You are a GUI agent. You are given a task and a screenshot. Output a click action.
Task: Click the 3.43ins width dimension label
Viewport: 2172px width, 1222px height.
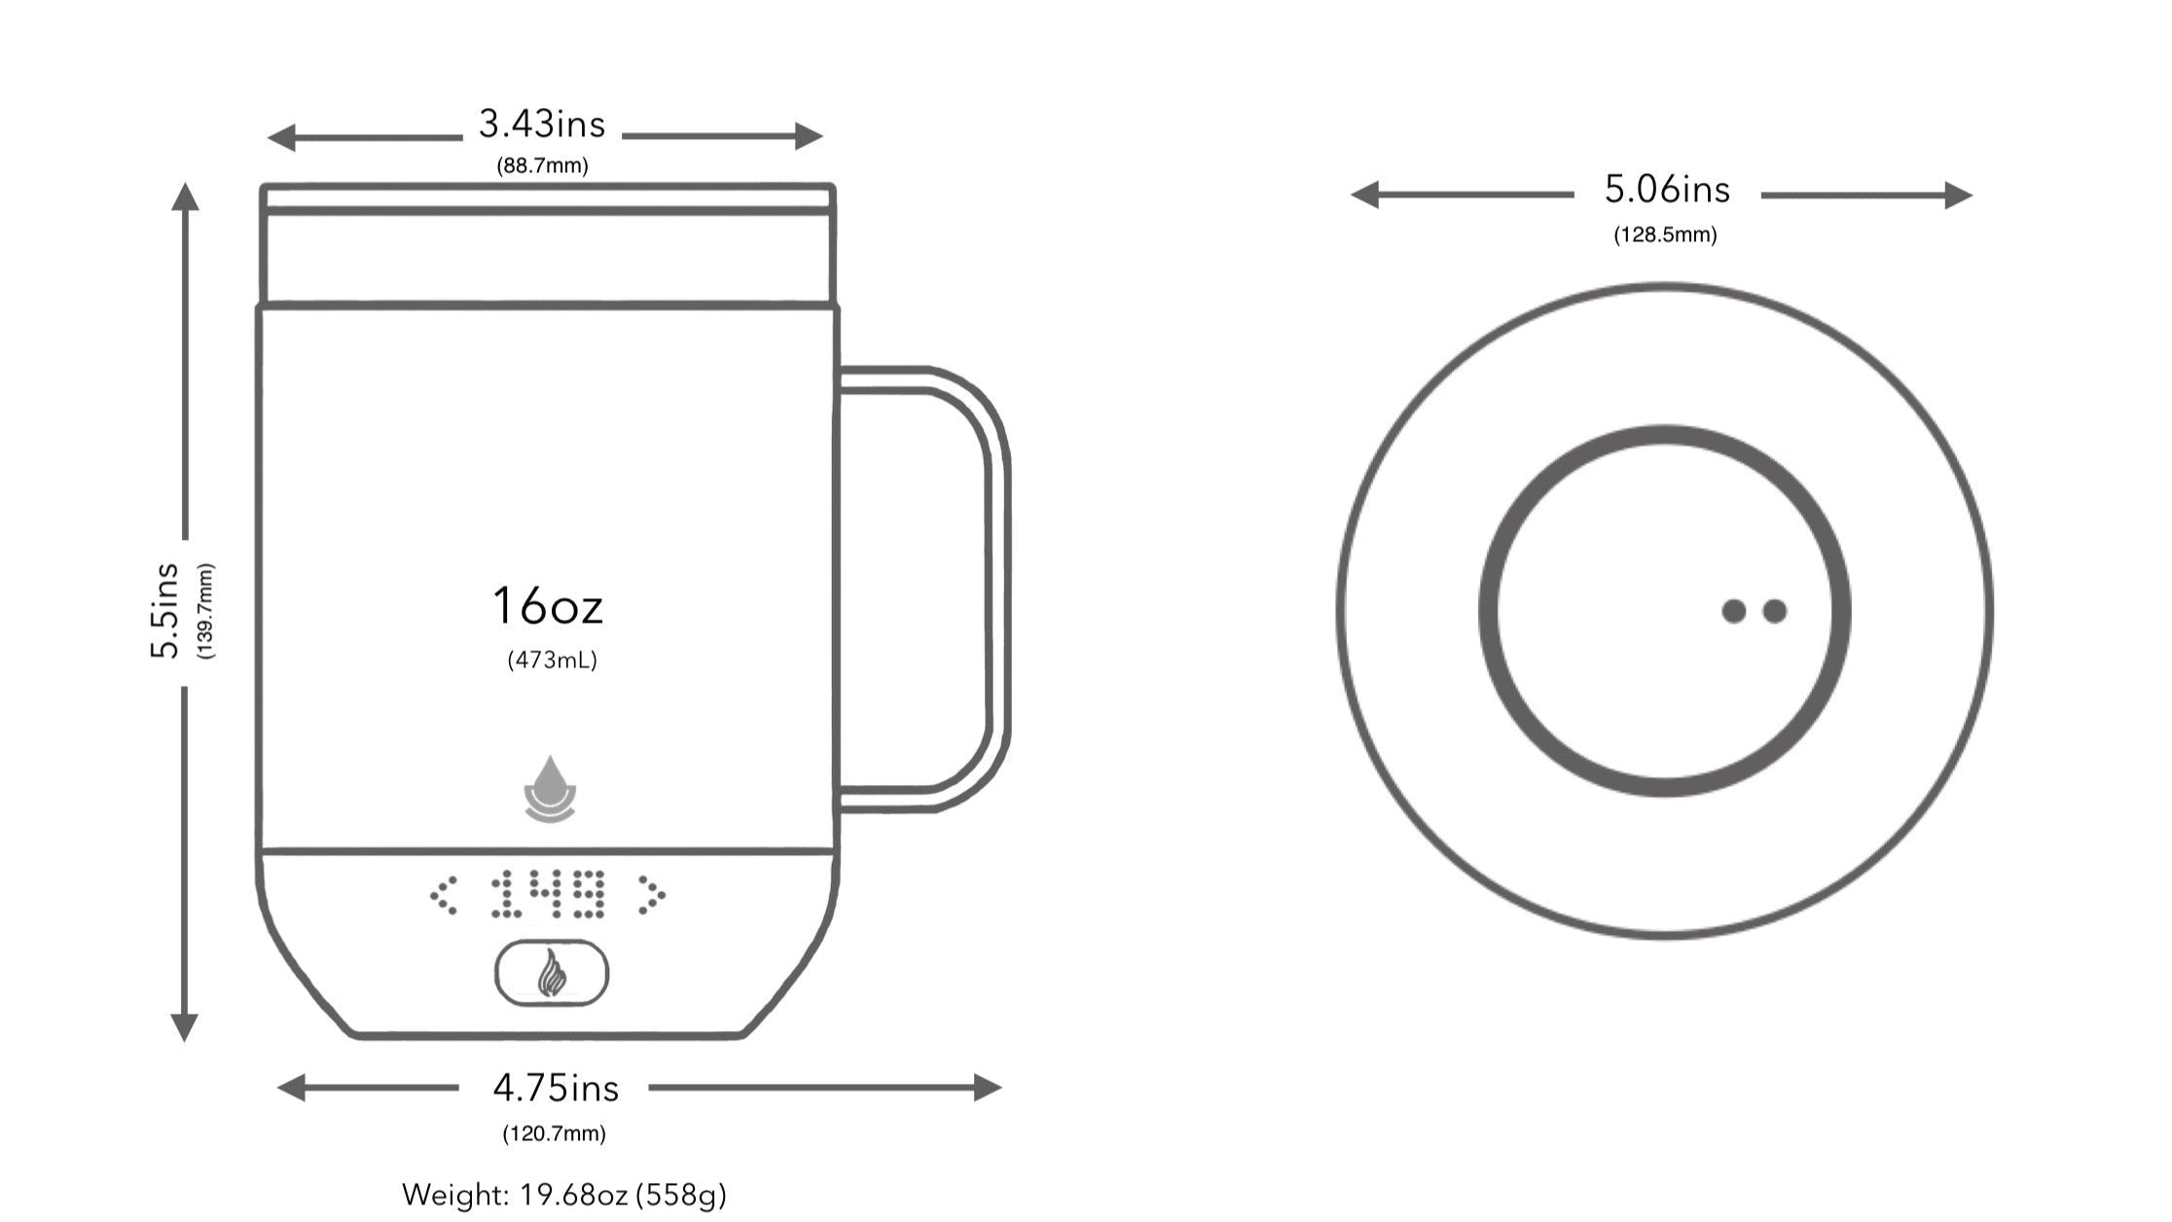[541, 125]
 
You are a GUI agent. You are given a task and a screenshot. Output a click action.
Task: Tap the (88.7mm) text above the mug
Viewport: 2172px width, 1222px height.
[542, 166]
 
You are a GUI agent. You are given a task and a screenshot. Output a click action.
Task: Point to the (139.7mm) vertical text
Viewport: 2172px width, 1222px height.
[205, 611]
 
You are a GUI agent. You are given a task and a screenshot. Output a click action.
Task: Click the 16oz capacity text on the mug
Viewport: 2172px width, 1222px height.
[548, 606]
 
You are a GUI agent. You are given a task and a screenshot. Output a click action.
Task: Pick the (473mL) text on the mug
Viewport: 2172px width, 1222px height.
[552, 661]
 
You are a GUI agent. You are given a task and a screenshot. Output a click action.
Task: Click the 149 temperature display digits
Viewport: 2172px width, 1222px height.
[549, 894]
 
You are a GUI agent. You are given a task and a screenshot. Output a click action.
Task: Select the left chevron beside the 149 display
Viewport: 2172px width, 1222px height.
[444, 895]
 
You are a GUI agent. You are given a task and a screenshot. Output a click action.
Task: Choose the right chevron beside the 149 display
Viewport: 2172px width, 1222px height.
[651, 895]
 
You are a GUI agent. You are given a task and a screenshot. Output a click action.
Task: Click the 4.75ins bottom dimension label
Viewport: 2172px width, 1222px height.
[555, 1088]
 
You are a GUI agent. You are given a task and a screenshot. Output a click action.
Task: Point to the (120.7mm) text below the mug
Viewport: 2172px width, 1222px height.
[554, 1133]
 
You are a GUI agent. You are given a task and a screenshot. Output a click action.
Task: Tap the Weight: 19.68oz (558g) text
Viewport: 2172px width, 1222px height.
[564, 1195]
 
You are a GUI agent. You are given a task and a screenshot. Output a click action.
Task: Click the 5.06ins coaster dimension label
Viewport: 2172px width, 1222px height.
[1667, 190]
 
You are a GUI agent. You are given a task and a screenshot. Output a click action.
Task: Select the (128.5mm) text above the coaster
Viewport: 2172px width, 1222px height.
[1665, 235]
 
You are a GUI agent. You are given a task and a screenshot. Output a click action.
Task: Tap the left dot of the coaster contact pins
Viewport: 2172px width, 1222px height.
[1733, 611]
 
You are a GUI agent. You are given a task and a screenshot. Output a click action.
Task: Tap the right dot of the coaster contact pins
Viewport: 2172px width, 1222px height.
[1775, 611]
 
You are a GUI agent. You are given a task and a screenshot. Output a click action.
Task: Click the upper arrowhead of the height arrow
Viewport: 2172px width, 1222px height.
[185, 197]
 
